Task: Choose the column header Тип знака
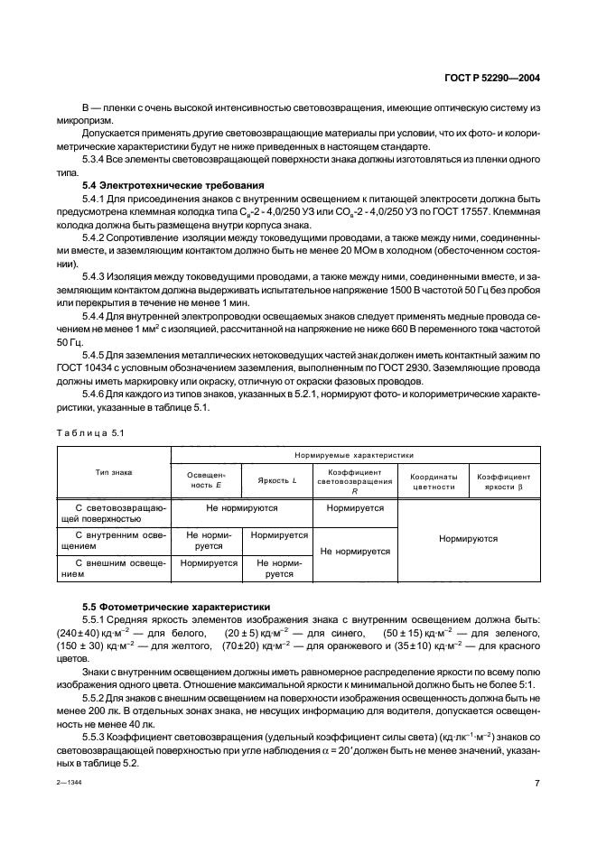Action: coord(115,471)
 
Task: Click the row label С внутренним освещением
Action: coord(115,540)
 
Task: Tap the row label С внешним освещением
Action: coord(115,567)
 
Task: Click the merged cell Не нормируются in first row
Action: coord(241,508)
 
